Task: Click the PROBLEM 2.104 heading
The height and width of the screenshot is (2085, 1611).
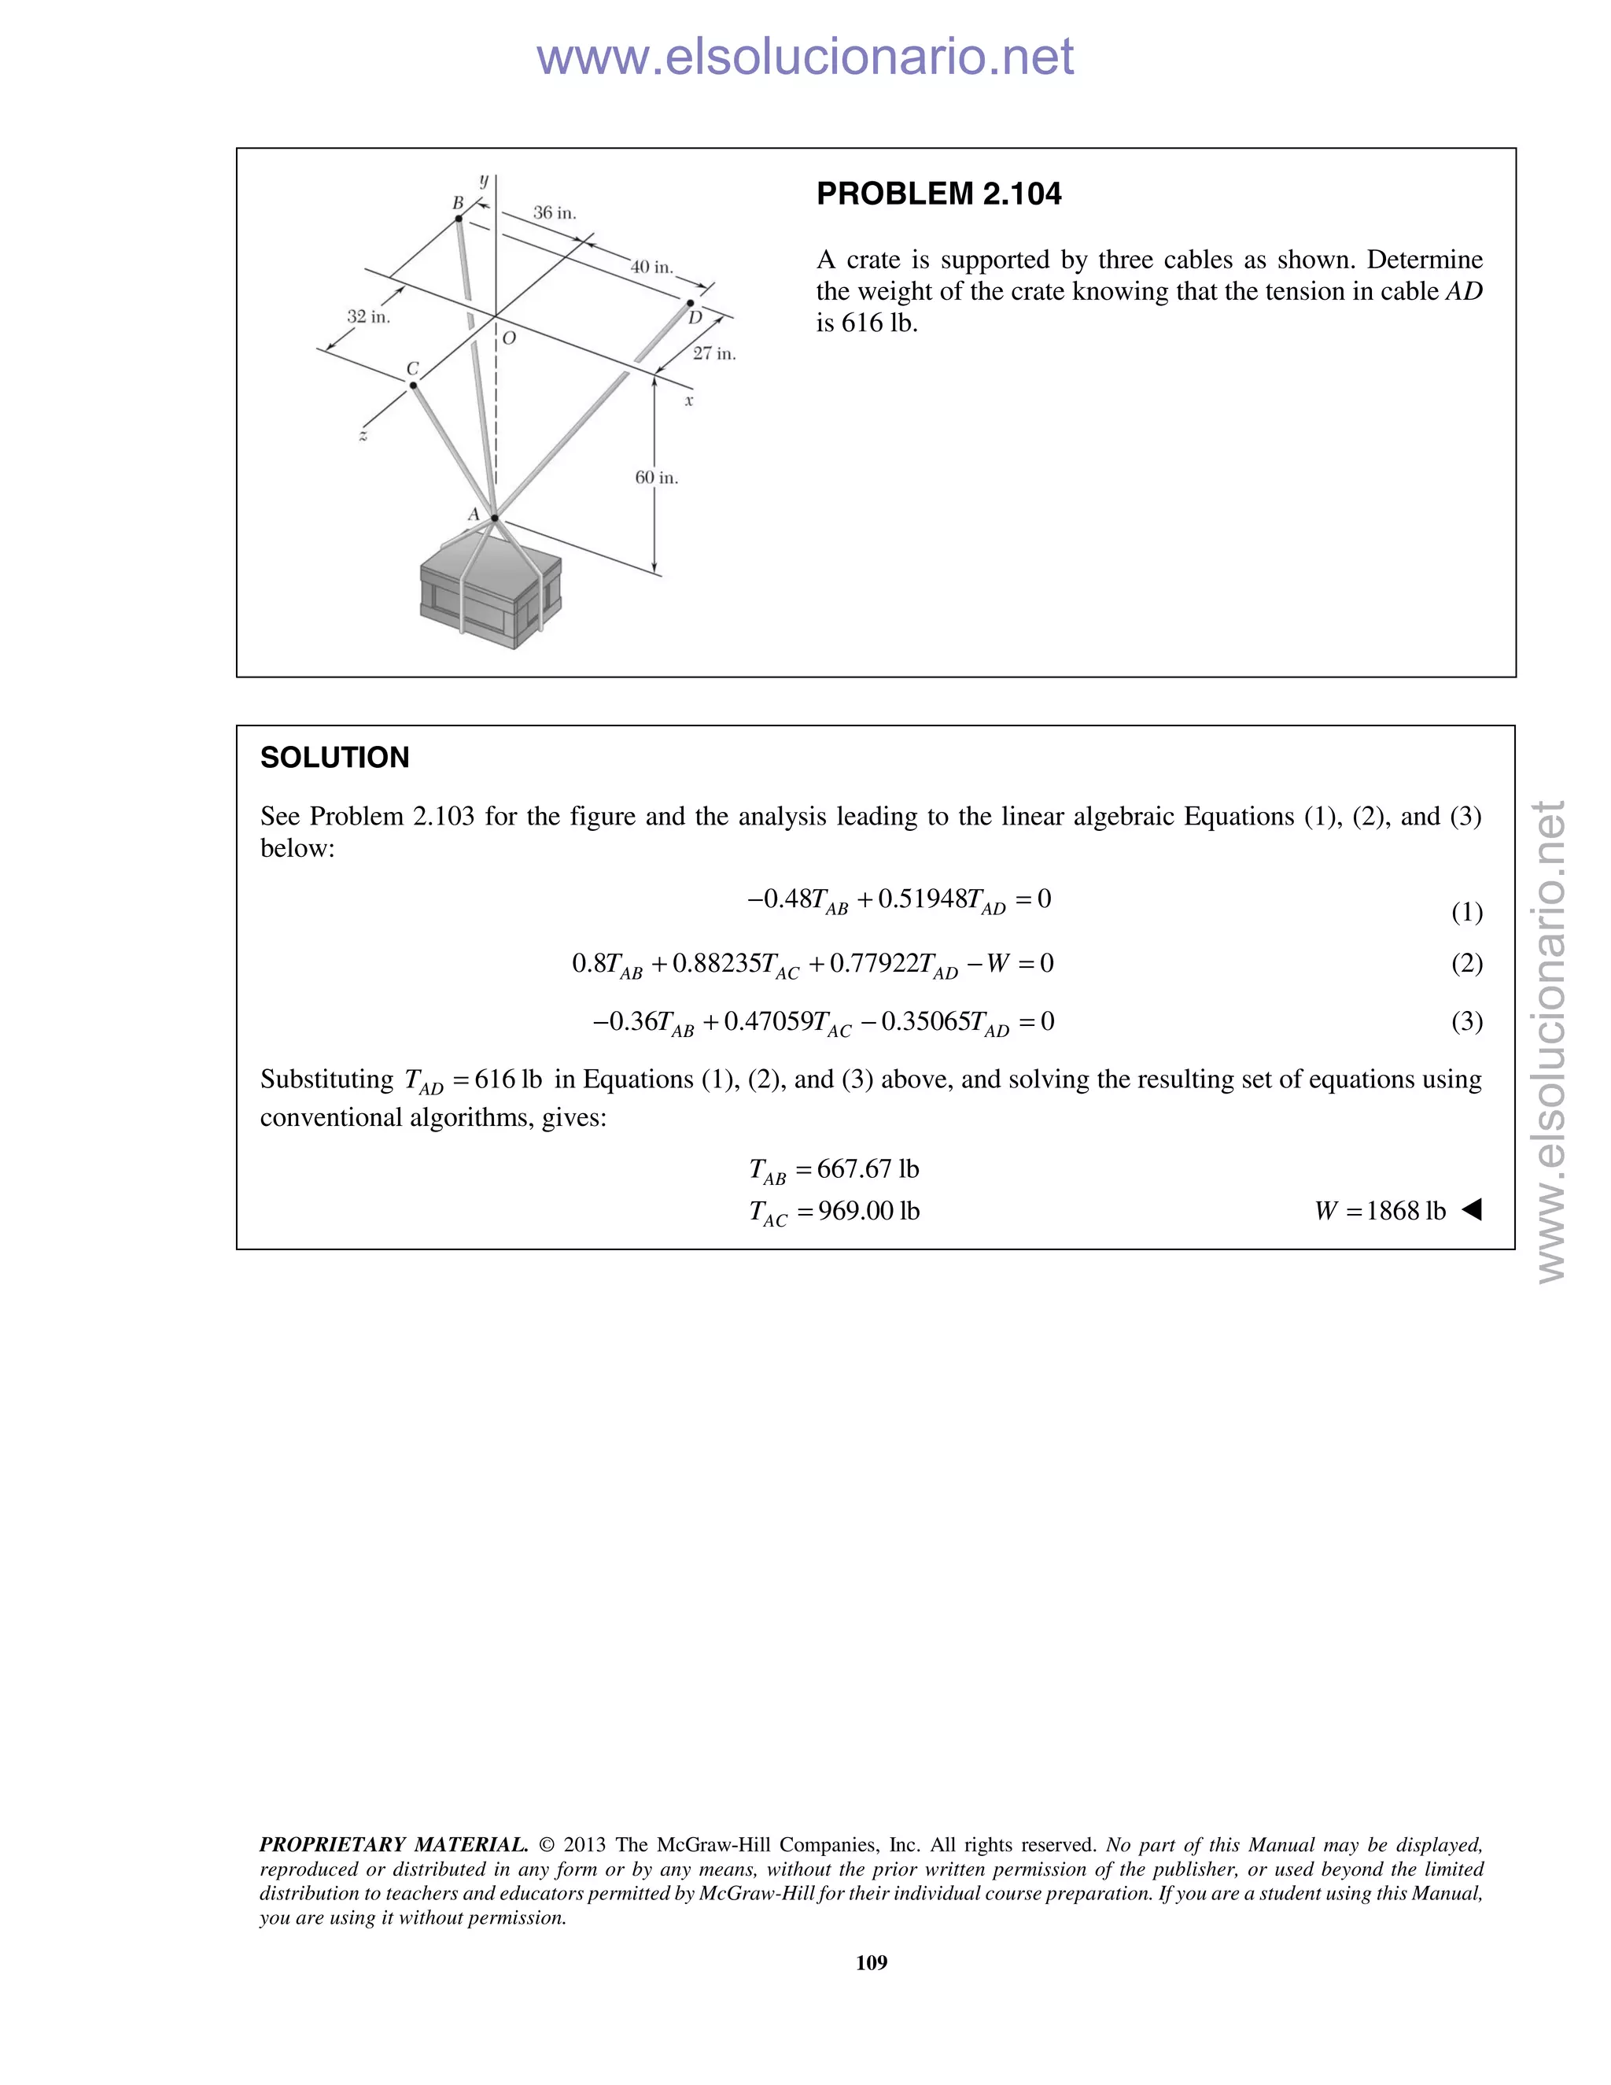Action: point(938,194)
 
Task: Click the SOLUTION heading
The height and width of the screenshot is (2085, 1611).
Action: point(334,757)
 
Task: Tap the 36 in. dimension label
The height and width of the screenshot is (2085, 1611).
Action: point(555,213)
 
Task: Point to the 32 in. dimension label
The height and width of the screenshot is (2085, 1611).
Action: point(368,316)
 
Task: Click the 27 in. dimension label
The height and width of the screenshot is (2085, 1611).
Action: point(714,353)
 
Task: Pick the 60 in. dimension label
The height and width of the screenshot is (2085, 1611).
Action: point(657,478)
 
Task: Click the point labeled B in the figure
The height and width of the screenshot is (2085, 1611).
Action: point(459,219)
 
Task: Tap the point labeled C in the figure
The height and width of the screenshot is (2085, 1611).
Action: point(413,386)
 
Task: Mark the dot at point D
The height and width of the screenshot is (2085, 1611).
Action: point(690,304)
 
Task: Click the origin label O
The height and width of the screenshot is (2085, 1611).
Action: point(509,338)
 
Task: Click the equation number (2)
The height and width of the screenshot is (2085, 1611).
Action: point(1467,963)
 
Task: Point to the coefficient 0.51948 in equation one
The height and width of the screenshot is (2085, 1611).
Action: point(921,899)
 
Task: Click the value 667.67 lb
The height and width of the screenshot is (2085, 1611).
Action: point(868,1169)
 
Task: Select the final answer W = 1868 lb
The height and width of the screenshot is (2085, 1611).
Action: point(1379,1212)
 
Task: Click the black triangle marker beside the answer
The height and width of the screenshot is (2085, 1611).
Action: point(1472,1209)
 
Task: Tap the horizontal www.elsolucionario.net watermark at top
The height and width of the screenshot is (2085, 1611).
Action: point(805,57)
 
